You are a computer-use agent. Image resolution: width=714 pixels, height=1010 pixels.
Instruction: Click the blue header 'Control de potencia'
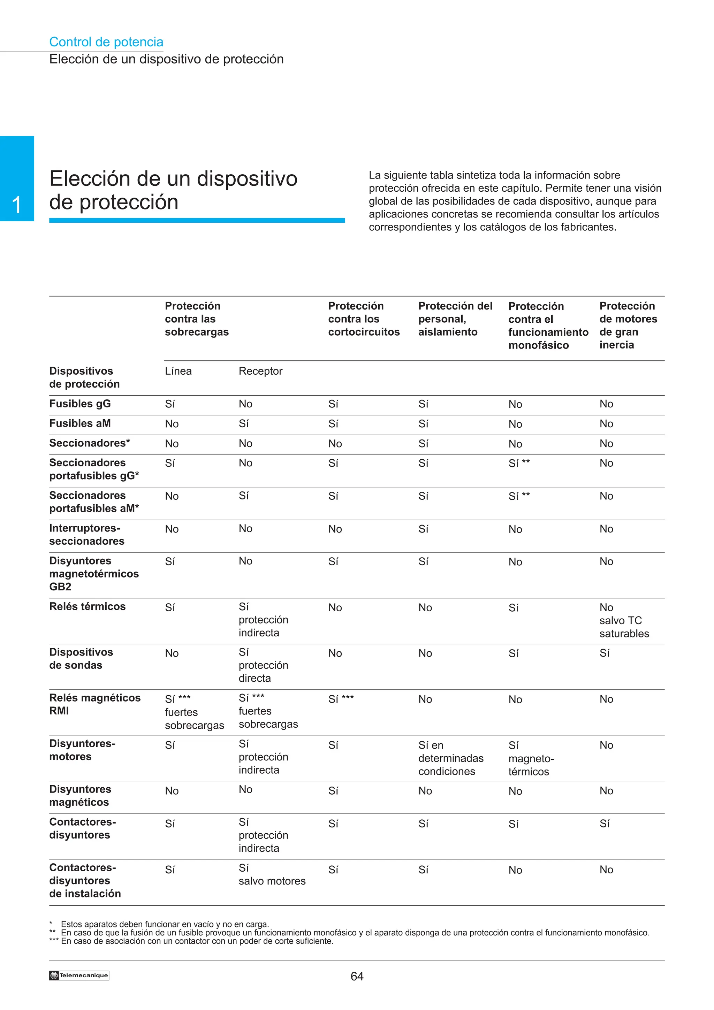click(x=106, y=42)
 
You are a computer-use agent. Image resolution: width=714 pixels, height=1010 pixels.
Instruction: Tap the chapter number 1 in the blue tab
click(x=17, y=205)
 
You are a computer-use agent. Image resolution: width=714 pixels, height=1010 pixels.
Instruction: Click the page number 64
click(x=357, y=976)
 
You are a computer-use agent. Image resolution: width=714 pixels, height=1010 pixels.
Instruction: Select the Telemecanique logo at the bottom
click(x=79, y=975)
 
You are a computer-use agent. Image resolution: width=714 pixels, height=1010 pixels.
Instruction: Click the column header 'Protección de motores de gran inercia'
click(x=628, y=325)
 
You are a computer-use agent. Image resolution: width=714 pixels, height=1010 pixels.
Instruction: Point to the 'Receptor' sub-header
click(x=260, y=371)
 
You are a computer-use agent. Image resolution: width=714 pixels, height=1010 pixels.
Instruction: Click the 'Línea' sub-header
click(x=178, y=371)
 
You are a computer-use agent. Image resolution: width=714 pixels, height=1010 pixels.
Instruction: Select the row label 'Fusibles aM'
click(x=80, y=423)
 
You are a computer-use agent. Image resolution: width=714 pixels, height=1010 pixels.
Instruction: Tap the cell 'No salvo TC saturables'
click(x=624, y=620)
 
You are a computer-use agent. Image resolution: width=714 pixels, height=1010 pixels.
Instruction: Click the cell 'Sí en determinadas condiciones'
click(x=450, y=758)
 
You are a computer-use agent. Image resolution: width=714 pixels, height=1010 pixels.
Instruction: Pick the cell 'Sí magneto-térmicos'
click(x=531, y=758)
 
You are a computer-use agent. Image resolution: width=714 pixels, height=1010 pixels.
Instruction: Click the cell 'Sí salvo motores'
click(x=272, y=874)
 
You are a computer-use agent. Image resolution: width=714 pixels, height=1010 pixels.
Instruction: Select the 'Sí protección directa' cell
click(x=263, y=665)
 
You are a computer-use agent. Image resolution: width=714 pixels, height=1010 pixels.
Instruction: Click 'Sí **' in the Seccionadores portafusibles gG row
click(x=519, y=463)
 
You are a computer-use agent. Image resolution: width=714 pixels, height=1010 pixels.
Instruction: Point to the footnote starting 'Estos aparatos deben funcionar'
click(x=165, y=924)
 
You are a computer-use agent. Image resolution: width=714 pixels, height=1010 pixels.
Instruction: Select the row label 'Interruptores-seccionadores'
click(x=87, y=535)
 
